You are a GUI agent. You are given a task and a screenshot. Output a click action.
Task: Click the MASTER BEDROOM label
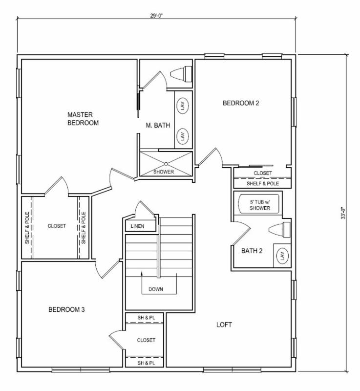point(83,119)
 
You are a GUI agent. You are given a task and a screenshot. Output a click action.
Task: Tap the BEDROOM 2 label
point(241,103)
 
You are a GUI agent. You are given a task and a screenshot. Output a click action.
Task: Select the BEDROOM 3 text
point(66,309)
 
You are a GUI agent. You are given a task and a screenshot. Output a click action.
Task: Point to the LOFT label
point(224,325)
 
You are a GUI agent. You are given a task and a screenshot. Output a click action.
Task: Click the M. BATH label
point(158,125)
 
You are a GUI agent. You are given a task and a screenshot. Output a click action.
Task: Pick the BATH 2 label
point(252,251)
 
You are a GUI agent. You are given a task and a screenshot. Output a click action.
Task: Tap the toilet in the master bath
point(181,74)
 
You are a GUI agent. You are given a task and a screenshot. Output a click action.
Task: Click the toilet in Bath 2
point(279,230)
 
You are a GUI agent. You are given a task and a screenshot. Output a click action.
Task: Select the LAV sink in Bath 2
point(282,256)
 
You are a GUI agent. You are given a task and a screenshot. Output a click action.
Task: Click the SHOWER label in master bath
point(164,172)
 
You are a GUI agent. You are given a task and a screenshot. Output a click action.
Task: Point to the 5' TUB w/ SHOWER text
point(260,205)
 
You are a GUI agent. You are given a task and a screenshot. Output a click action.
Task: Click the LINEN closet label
point(137,226)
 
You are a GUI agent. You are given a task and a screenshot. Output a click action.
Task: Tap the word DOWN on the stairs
point(156,289)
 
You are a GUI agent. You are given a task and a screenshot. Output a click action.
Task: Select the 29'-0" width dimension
point(156,16)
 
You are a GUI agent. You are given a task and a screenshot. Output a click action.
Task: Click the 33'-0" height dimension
point(343,213)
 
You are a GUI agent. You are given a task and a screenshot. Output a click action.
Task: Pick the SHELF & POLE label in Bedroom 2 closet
point(263,184)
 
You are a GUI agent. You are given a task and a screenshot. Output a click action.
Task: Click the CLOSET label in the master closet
point(57,226)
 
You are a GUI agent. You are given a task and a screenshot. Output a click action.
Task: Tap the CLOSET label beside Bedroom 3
point(146,340)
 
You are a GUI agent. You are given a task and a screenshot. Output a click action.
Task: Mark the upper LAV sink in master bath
point(183,105)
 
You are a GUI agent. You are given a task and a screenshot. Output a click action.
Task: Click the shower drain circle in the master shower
point(166,164)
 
